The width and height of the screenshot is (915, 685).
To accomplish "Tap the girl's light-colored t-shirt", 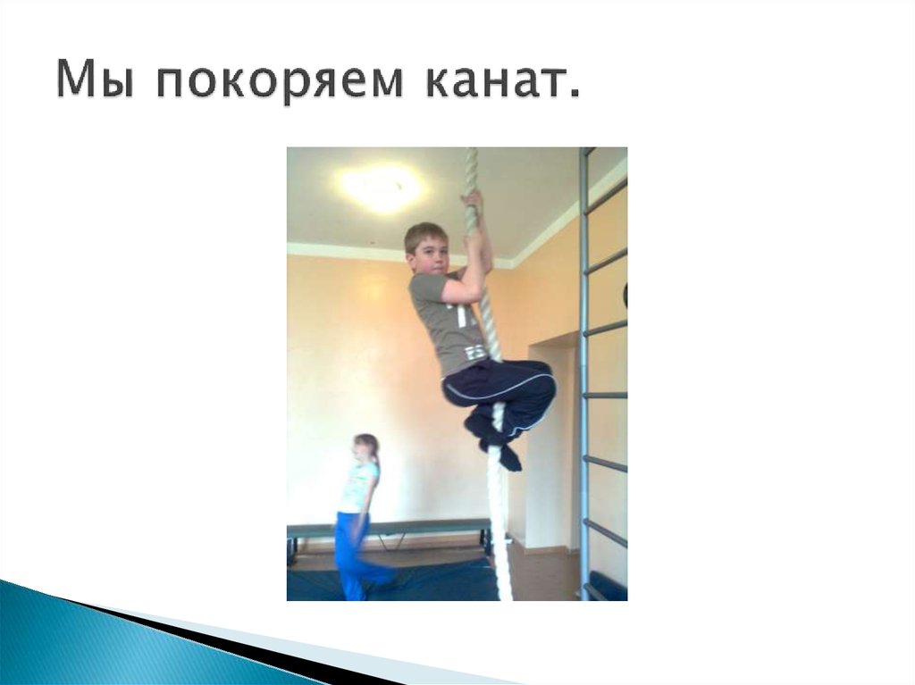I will coord(358,487).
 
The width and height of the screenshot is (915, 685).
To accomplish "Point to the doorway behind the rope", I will coord(550,447).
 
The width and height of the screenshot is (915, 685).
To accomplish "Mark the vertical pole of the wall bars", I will coord(583,375).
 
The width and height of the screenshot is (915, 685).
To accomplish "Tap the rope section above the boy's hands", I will coord(472,170).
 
